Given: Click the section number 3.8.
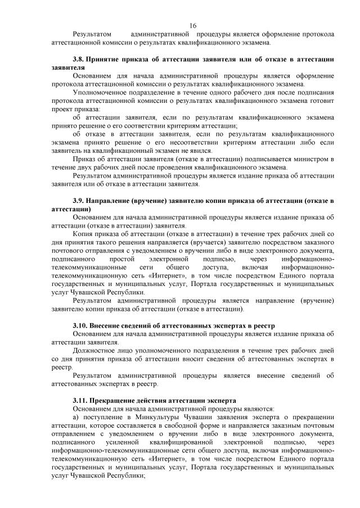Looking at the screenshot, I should (78, 59).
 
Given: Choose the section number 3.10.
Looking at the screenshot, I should (80, 325).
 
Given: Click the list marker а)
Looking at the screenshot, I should (76, 417).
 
